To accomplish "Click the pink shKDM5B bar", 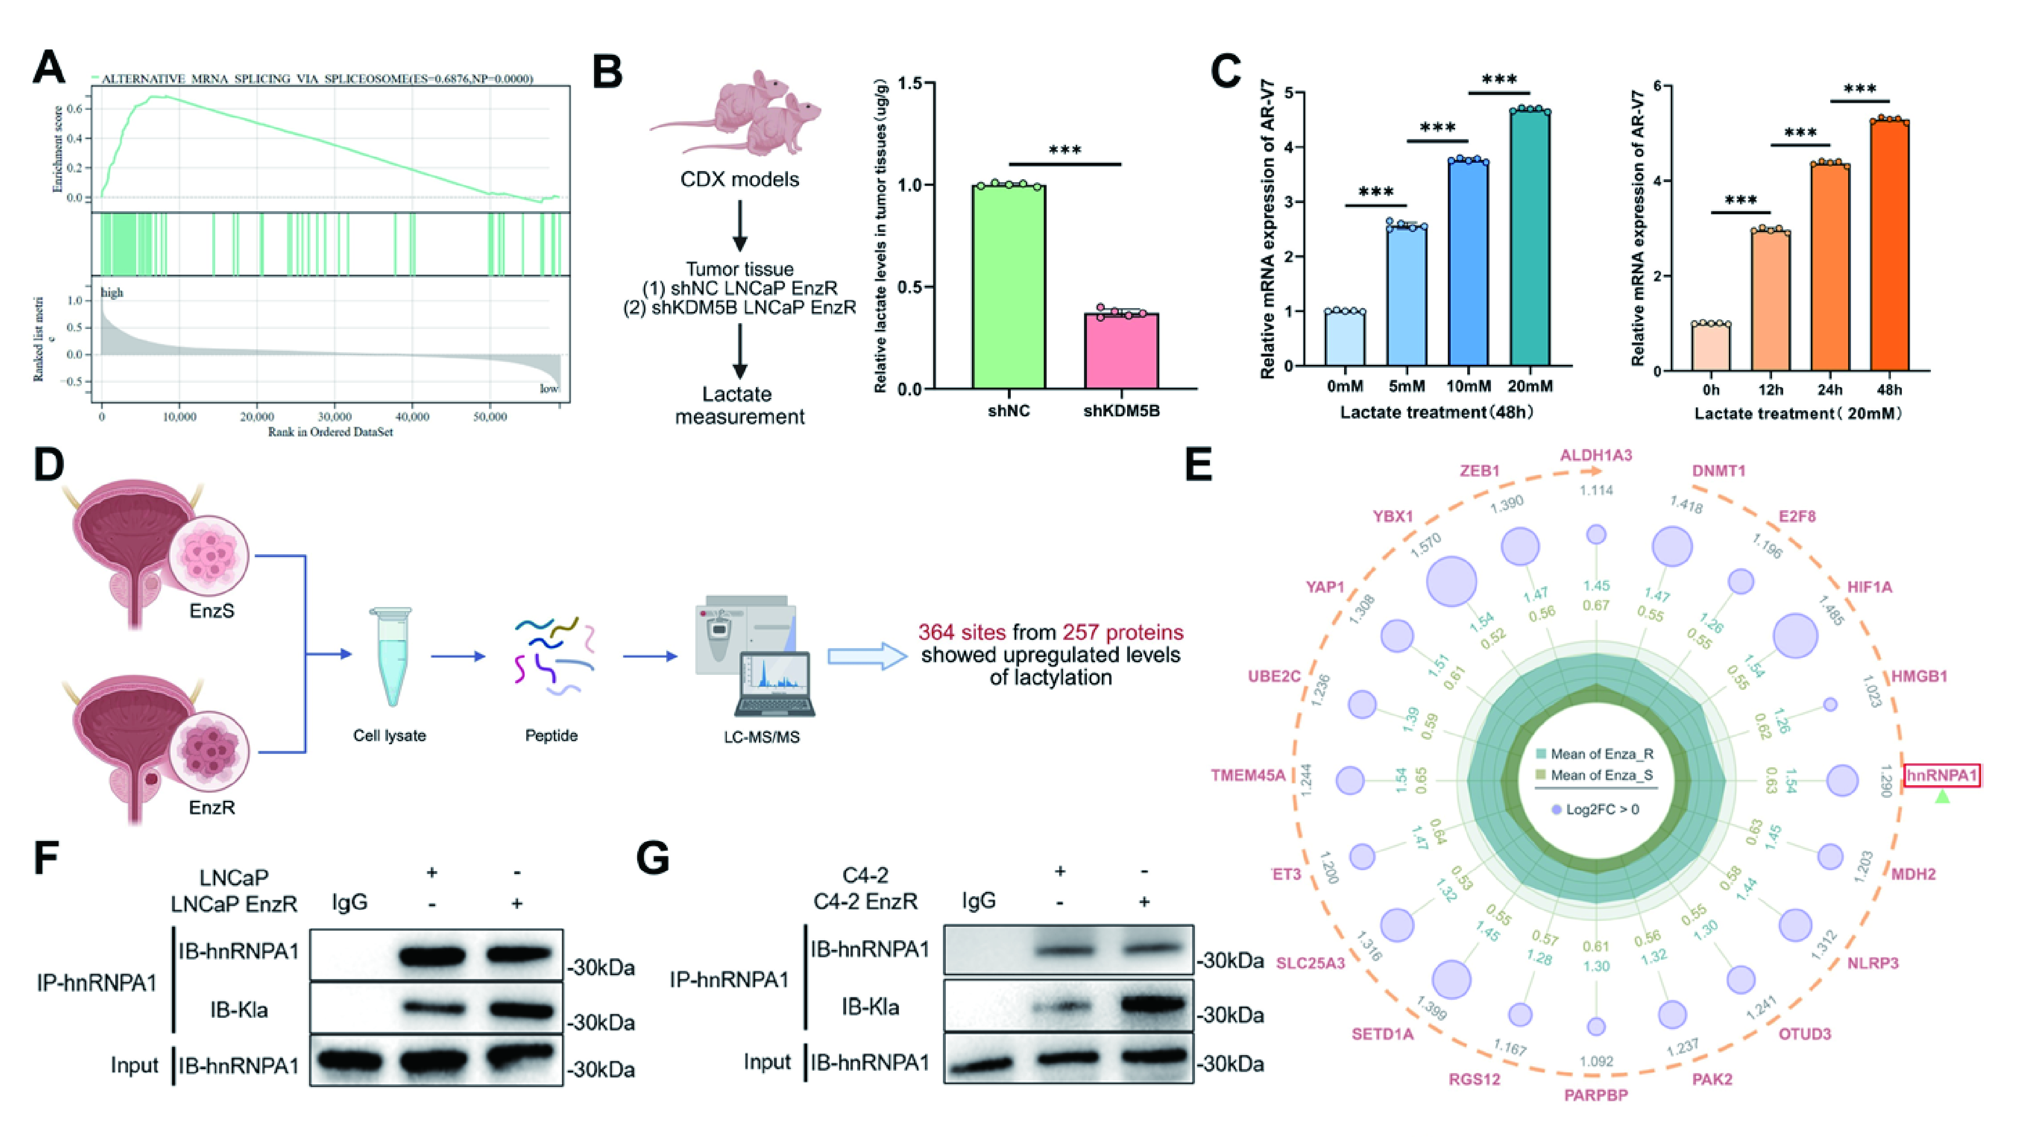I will pos(1121,351).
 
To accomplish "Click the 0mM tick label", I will pos(1345,386).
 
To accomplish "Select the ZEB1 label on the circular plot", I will pos(1479,471).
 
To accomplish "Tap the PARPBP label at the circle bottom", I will pos(1596,1094).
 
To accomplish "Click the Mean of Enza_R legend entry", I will pos(1594,754).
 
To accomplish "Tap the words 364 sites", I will pos(962,633).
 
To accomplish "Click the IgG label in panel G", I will pos(978,900).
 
